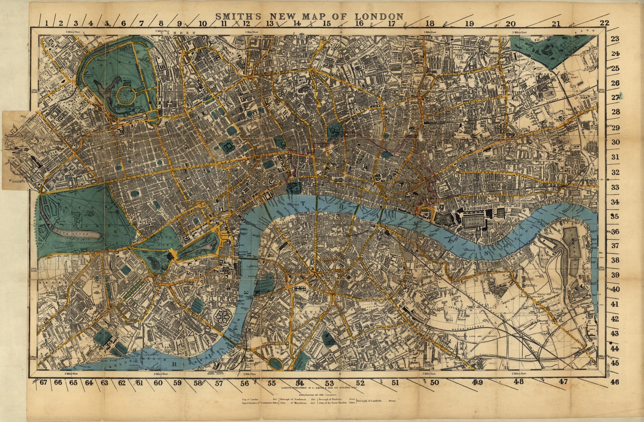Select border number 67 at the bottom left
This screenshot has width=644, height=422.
click(x=44, y=383)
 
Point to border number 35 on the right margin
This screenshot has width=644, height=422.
click(x=615, y=216)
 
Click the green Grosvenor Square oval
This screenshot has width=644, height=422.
click(x=135, y=194)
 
